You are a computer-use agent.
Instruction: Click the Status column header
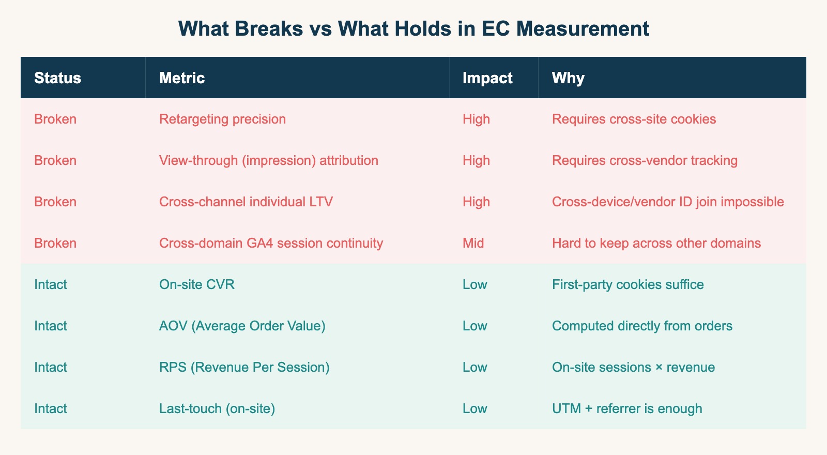tap(57, 78)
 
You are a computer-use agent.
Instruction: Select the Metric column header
tap(182, 78)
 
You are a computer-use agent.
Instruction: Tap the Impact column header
tap(487, 78)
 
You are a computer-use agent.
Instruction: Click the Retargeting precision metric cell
tap(222, 119)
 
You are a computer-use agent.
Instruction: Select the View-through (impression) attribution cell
tap(269, 161)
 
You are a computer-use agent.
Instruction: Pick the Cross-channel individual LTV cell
tap(246, 202)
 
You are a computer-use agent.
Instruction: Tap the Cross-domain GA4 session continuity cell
tap(271, 244)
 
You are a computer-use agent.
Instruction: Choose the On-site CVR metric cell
tap(197, 285)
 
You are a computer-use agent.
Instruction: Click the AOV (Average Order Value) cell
tap(242, 326)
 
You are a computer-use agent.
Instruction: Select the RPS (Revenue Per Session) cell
tap(244, 368)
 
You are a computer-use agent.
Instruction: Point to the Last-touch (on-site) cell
tap(217, 409)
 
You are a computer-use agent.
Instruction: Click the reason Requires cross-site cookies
tap(634, 119)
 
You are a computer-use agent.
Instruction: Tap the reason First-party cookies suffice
tap(627, 285)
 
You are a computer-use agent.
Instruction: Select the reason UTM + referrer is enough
tap(627, 409)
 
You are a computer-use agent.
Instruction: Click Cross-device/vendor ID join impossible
tap(668, 202)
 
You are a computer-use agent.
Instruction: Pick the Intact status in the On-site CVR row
tap(50, 285)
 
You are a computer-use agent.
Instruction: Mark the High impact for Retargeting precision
tap(476, 119)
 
